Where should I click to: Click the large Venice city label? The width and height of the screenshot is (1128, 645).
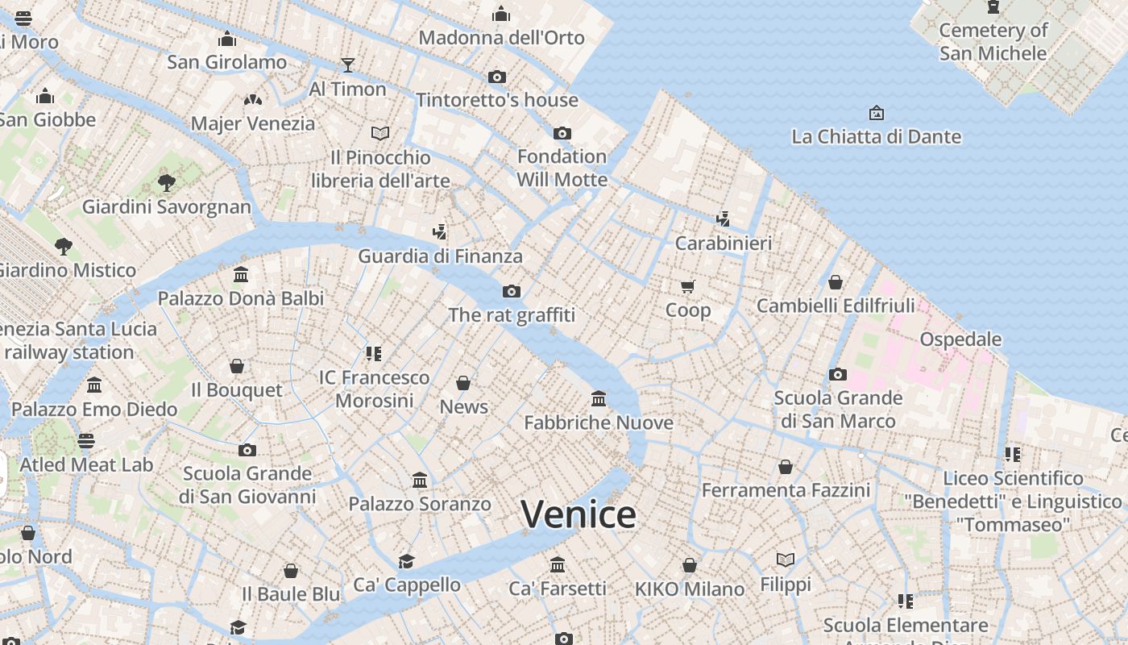[579, 514]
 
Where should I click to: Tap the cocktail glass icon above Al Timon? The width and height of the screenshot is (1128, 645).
[348, 64]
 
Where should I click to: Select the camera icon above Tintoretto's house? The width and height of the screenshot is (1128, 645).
[497, 77]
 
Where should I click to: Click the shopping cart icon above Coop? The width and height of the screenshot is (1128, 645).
[688, 286]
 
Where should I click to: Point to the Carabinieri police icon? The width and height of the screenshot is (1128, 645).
[723, 218]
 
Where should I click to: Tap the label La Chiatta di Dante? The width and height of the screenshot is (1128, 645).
[876, 136]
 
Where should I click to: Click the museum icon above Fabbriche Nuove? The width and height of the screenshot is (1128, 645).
[599, 398]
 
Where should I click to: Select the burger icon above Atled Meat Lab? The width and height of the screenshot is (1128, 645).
[86, 441]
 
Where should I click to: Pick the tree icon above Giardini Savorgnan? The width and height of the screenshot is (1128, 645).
[167, 183]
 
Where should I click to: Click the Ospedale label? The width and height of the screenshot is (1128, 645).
[960, 339]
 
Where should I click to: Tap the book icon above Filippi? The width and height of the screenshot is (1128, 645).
[786, 560]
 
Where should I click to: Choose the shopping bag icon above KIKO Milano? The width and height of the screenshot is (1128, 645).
[690, 565]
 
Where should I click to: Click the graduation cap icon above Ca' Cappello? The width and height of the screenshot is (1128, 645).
[407, 561]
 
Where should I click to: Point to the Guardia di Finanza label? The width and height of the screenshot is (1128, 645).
[440, 256]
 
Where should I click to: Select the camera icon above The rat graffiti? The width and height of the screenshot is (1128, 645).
[512, 291]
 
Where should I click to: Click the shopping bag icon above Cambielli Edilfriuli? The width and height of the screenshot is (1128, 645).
[836, 282]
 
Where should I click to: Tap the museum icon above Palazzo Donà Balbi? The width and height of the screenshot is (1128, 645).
[241, 275]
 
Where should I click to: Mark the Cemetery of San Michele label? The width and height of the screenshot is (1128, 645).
[993, 42]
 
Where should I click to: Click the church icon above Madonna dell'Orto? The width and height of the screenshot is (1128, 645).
[501, 14]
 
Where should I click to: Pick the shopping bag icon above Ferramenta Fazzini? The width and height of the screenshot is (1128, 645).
[786, 467]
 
